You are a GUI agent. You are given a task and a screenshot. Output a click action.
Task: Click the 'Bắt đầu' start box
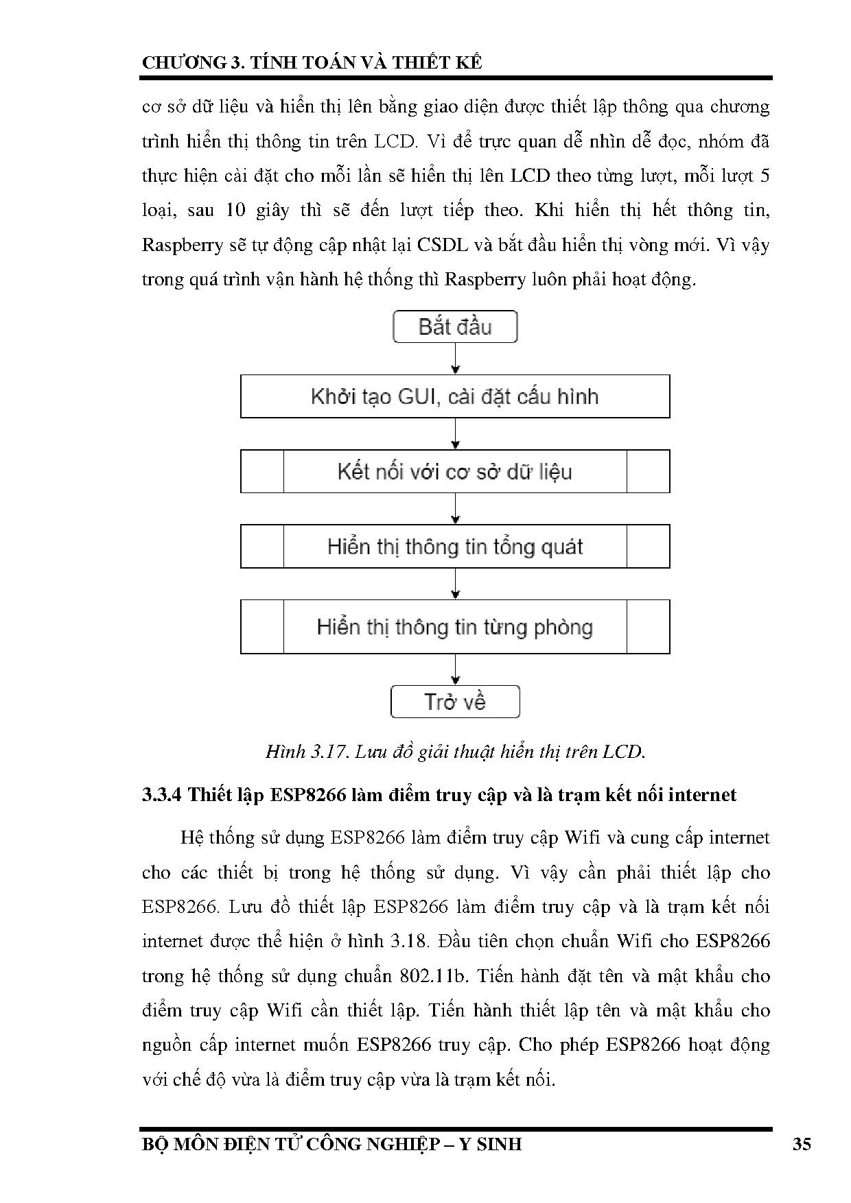tap(455, 326)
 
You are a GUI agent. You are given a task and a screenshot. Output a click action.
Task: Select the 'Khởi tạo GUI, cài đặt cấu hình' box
tap(455, 396)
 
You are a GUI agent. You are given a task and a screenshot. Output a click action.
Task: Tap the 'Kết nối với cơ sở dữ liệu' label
tap(455, 472)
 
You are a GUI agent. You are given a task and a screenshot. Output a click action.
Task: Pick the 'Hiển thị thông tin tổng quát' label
tap(455, 547)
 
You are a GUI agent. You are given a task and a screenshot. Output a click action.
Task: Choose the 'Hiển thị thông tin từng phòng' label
tap(455, 627)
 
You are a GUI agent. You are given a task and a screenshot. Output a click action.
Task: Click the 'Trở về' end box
tap(455, 702)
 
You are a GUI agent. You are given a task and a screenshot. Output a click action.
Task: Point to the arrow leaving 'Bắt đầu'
tap(456, 358)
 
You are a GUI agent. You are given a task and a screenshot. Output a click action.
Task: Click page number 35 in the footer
tap(802, 1144)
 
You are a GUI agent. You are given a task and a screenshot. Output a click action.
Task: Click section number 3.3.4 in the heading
tap(161, 795)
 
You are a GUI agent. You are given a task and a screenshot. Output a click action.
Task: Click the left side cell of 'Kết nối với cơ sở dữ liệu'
tap(262, 472)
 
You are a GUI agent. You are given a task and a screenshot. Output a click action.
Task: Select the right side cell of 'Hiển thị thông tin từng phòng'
tap(648, 627)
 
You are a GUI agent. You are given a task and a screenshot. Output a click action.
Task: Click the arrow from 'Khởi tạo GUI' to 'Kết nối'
tap(456, 433)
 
